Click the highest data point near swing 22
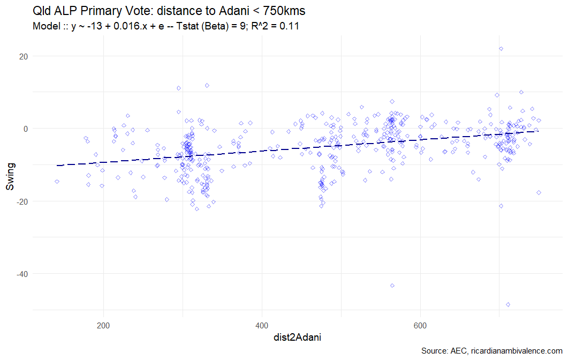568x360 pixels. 501,49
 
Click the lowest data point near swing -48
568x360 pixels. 508,304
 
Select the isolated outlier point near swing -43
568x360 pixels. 392,286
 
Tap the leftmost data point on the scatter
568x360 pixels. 57,182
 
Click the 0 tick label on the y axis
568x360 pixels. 25,129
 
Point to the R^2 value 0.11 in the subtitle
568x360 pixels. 289,26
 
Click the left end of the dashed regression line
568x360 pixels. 57,166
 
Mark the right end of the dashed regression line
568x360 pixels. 538,131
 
